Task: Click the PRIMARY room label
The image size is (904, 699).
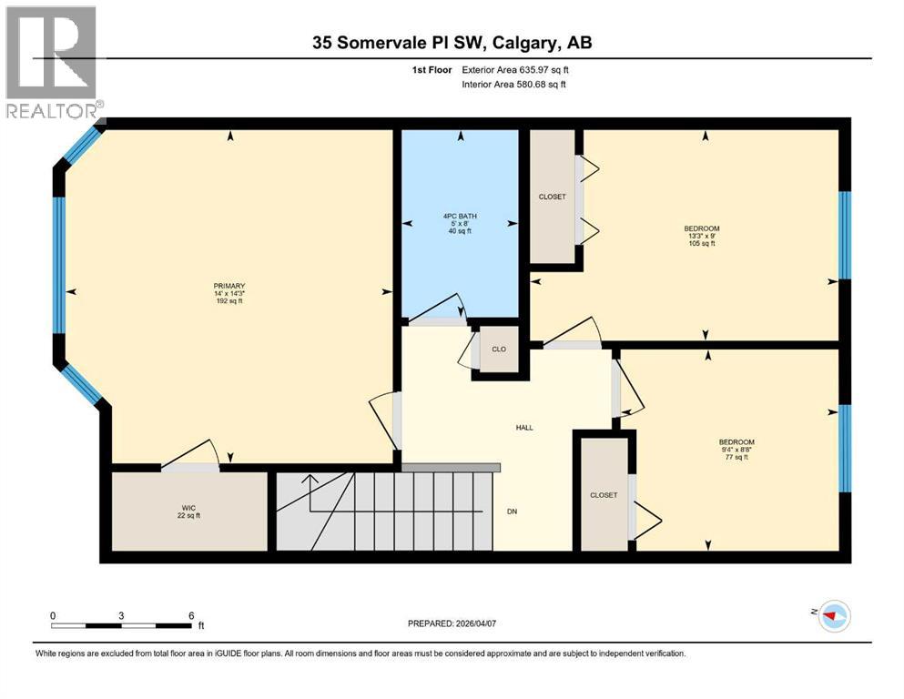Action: point(229,285)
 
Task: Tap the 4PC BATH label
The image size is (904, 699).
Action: point(460,216)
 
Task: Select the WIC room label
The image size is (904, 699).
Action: point(188,511)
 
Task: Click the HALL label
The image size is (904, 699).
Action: point(523,427)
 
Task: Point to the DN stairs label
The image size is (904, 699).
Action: point(512,512)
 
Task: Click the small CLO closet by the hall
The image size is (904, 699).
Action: point(498,349)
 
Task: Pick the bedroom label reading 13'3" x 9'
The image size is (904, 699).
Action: point(702,236)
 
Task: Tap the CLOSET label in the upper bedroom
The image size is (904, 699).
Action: point(552,198)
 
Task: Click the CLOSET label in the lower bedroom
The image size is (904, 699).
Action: point(604,495)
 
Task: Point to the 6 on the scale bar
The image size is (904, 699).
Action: point(190,615)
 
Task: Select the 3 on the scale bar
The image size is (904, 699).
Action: point(121,615)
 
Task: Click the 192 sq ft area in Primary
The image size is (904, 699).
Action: point(229,300)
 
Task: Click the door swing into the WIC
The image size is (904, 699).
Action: point(191,455)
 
